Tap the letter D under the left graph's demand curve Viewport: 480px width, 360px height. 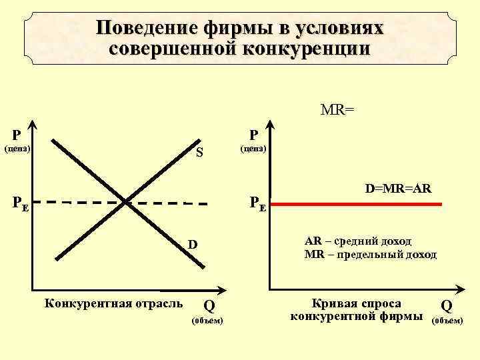coord(192,245)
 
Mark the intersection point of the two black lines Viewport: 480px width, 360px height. coord(126,199)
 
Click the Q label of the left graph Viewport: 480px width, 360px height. coord(209,306)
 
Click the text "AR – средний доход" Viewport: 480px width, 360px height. coord(357,241)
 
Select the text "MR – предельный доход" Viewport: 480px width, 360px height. coord(370,254)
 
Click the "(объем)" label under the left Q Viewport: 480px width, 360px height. coord(207,321)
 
